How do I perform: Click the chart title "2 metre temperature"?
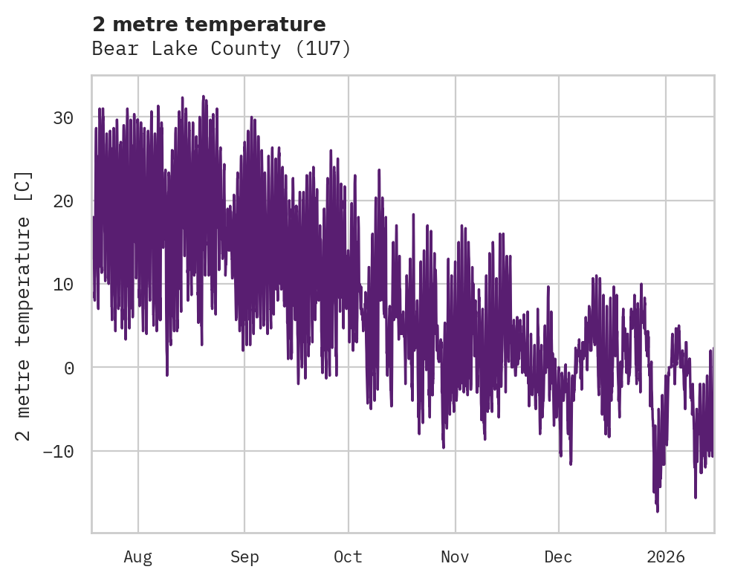(x=209, y=25)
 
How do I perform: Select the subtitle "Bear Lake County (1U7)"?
(x=221, y=49)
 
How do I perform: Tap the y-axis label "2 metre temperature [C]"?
(x=24, y=305)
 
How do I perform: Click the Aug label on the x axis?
(x=137, y=556)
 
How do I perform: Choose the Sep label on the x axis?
(x=244, y=556)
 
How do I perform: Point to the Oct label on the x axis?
(x=348, y=556)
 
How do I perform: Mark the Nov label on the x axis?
(x=455, y=556)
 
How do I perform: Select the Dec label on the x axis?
(x=558, y=556)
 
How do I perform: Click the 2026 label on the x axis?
(x=666, y=556)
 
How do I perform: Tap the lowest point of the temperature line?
(x=658, y=511)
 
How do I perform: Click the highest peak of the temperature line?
(x=203, y=96)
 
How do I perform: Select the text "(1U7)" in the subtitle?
(x=325, y=49)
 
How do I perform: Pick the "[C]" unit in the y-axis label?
(x=24, y=186)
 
